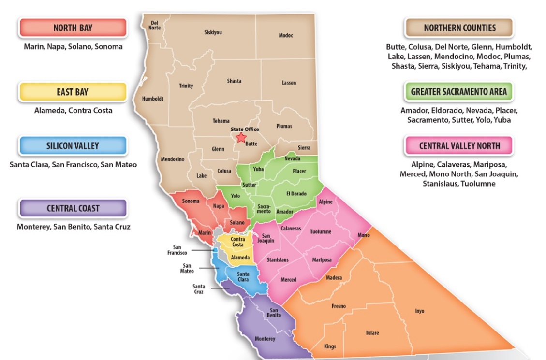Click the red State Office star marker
241,138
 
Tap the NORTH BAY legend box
73,28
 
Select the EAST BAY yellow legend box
73,92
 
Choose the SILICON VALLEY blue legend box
73,145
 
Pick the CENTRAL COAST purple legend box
73,208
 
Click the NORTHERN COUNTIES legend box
459,28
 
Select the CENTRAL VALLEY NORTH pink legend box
459,145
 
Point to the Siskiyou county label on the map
213,32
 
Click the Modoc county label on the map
286,35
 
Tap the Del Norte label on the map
155,25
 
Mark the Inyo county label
419,311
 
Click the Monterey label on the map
265,339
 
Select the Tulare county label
372,332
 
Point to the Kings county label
330,346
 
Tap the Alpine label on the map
325,202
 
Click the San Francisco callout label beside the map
177,250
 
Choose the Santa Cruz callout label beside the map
198,289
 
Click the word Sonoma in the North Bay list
108,47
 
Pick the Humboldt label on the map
152,99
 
